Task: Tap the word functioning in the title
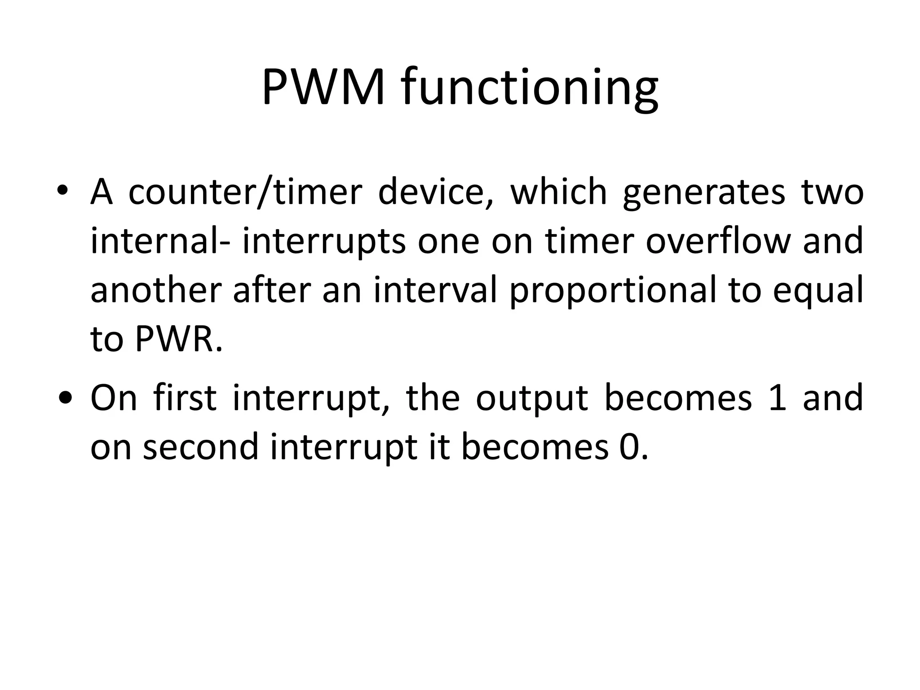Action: click(x=530, y=90)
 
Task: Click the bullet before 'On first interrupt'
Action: click(x=65, y=398)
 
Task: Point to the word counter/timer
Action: click(x=245, y=192)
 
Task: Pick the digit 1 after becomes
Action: click(x=778, y=398)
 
